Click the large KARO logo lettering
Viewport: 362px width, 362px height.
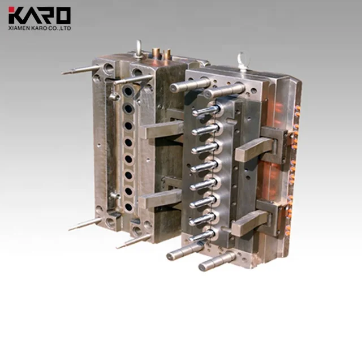[40, 15]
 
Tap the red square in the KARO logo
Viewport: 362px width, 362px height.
[11, 10]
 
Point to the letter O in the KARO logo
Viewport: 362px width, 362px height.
[63, 15]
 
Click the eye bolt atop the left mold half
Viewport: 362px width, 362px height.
[139, 48]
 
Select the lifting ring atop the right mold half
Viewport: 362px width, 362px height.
[244, 60]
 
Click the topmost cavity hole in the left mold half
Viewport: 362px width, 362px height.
[128, 91]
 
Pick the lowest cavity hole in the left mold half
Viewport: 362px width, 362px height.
[128, 207]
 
